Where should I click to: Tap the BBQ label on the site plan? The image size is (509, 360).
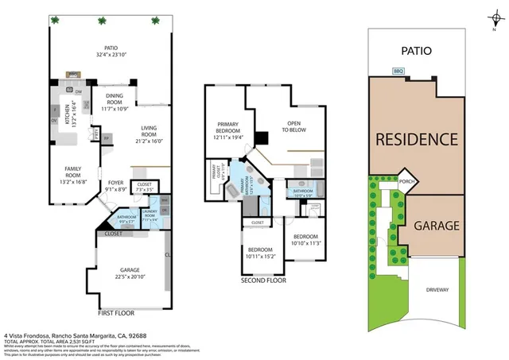[398, 71]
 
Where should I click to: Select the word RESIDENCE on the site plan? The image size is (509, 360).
[416, 139]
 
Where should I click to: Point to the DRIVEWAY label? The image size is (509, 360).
[437, 289]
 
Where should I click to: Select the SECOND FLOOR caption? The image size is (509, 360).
[264, 281]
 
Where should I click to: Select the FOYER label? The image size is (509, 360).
[115, 186]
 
